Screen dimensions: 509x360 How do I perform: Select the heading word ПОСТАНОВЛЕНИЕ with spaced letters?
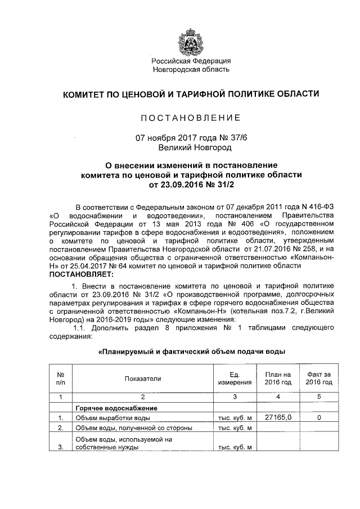[x=191, y=118]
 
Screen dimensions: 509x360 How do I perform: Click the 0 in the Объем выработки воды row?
[x=319, y=417]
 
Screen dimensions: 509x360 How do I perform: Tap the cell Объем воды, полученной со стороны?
[x=134, y=429]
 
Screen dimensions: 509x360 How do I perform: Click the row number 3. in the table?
[x=60, y=448]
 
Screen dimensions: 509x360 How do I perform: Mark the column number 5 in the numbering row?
[x=319, y=397]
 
